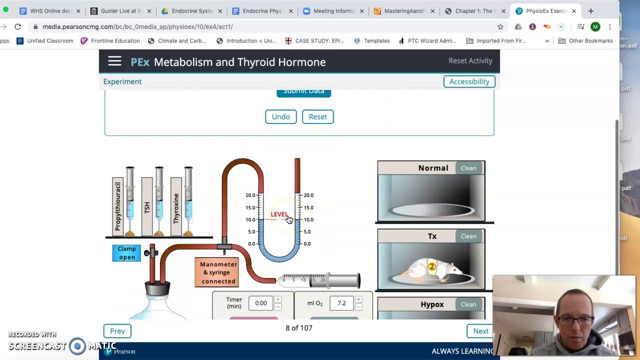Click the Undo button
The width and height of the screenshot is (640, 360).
click(280, 116)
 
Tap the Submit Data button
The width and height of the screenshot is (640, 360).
click(303, 91)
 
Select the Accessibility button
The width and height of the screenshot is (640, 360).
click(469, 81)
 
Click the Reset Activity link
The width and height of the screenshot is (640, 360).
click(470, 60)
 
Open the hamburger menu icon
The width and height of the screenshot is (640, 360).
click(114, 61)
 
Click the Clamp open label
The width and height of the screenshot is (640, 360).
click(126, 253)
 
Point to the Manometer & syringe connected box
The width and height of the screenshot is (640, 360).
click(218, 272)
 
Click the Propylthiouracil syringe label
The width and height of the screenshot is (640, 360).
click(118, 206)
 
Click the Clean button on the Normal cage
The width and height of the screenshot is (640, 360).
click(468, 168)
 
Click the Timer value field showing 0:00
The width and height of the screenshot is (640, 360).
click(260, 303)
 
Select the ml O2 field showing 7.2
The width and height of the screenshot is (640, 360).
click(341, 303)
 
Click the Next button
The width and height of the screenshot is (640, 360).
click(480, 331)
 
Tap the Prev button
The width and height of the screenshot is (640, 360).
click(117, 331)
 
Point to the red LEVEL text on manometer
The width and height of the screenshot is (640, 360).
click(279, 214)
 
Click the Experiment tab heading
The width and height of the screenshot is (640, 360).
click(122, 81)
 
